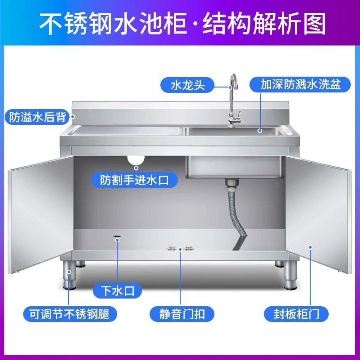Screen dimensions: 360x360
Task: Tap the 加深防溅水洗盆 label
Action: [x=300, y=84]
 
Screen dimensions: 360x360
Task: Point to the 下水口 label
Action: [x=118, y=290]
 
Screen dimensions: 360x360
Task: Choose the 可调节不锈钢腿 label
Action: [x=69, y=314]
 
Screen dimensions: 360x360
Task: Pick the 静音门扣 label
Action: [x=182, y=314]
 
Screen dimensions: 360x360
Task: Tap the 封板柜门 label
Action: [x=297, y=314]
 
